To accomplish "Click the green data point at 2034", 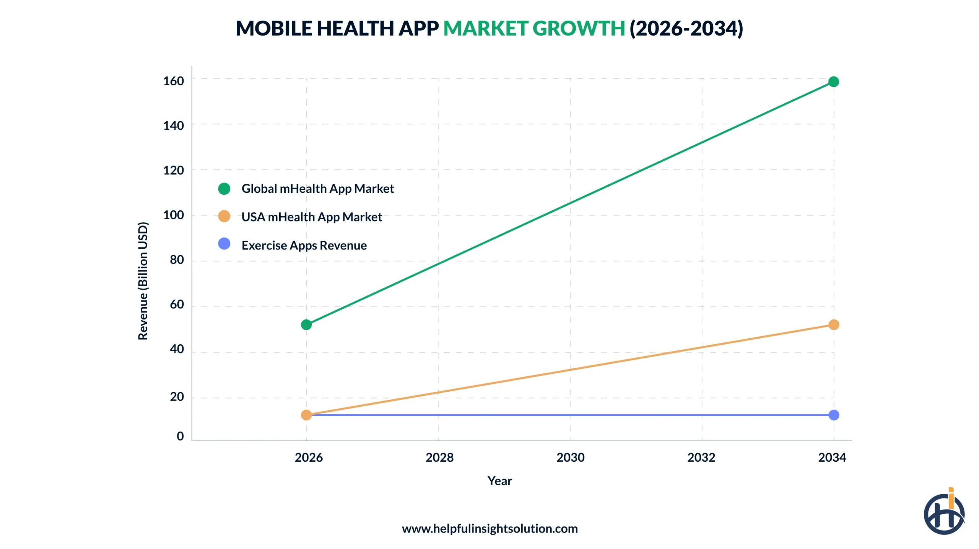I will pos(833,81).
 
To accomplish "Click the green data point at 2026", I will pos(306,324).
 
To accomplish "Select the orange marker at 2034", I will pos(833,324).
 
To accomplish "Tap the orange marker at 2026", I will pos(306,415).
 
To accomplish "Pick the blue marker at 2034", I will pos(833,415).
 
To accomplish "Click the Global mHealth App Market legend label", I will pos(317,189).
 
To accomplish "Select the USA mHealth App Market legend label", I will pos(311,217).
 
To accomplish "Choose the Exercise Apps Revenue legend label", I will pos(304,245).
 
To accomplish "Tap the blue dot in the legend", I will pos(224,244).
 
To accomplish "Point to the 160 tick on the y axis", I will pos(173,81).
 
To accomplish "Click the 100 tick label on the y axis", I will pos(173,215).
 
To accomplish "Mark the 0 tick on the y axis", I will pos(180,436).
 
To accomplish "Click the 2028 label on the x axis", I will pos(439,457).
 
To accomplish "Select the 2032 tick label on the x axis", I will pos(701,457).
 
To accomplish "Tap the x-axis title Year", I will pos(499,481).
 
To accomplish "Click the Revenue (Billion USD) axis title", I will pos(143,281).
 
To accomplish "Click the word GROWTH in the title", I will pos(579,28).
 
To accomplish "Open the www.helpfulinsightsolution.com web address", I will pos(489,528).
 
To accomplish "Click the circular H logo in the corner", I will pos(943,513).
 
